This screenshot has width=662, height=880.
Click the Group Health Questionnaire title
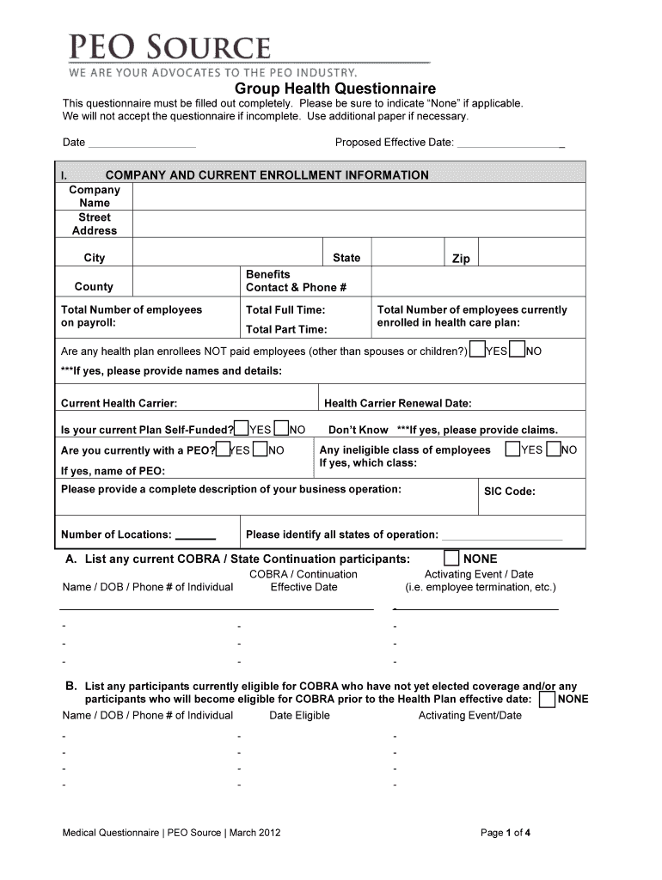[x=335, y=89]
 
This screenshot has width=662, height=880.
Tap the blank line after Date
[x=142, y=144]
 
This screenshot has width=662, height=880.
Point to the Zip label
[x=461, y=259]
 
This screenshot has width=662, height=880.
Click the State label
[x=346, y=258]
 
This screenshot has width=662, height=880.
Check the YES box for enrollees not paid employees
[x=477, y=351]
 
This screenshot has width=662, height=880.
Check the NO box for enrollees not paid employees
[x=517, y=351]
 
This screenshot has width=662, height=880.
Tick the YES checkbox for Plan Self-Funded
[x=242, y=429]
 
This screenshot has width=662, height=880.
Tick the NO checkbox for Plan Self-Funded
[x=281, y=429]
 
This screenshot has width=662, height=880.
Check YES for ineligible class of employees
[x=513, y=449]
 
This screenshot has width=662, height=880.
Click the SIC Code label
[x=510, y=492]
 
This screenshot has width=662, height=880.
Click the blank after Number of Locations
[x=195, y=537]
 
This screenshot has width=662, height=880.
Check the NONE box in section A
[x=451, y=559]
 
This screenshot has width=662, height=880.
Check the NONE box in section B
[x=546, y=700]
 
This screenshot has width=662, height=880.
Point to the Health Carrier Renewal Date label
[x=397, y=403]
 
